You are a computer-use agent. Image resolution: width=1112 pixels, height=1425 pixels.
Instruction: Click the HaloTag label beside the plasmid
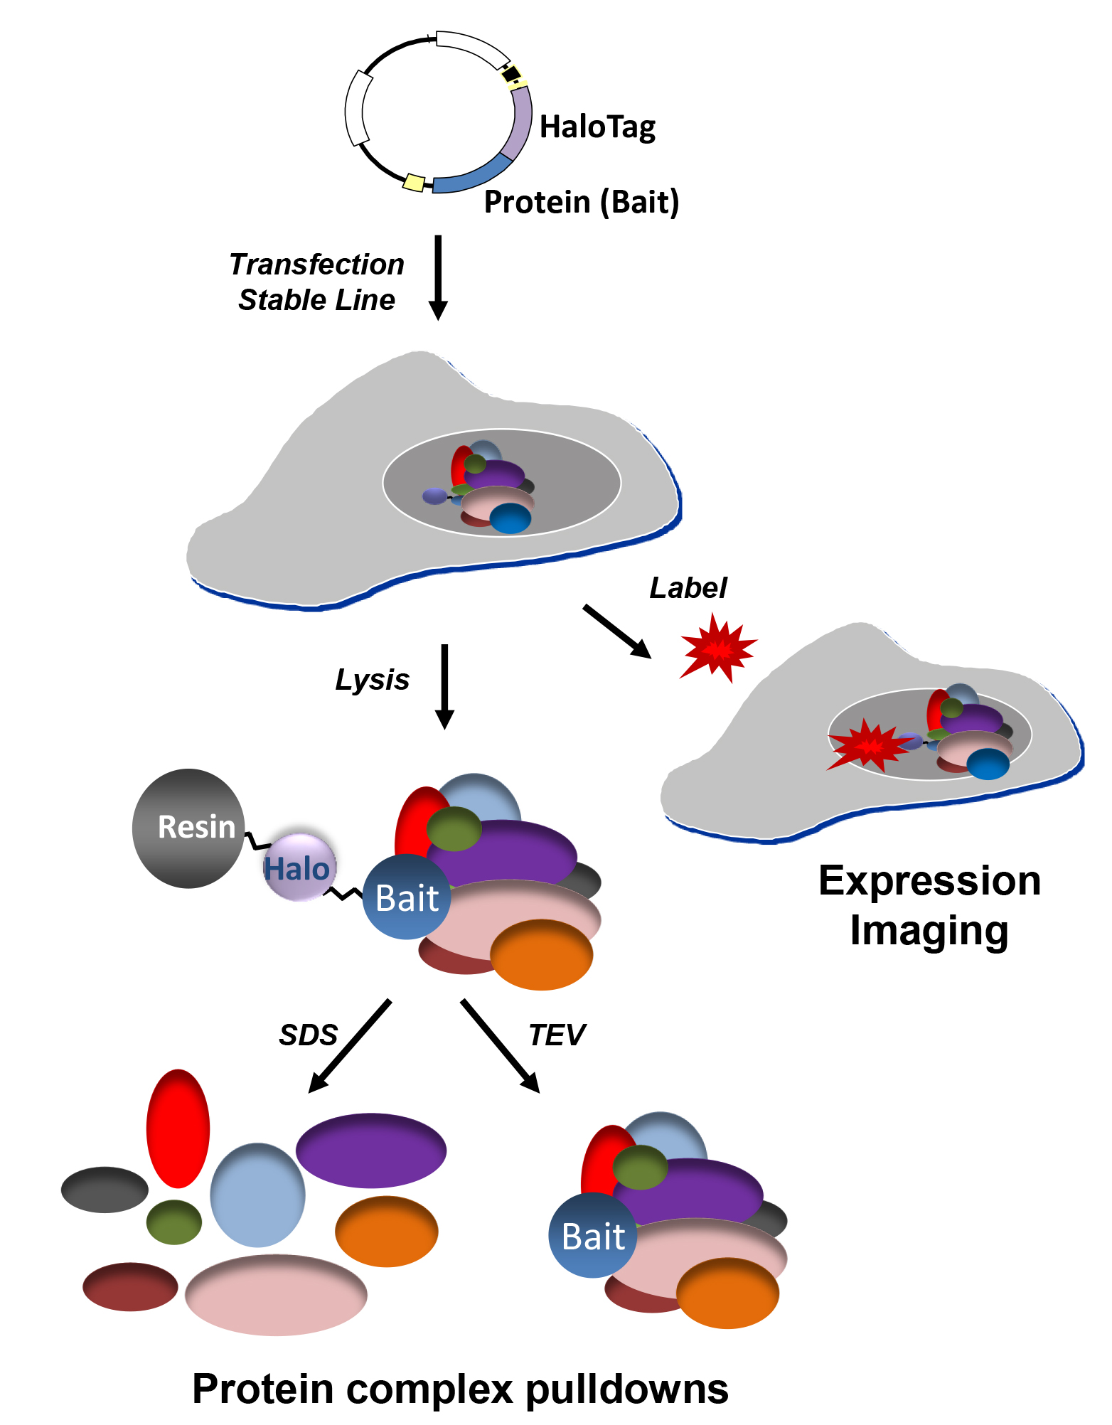pos(597,128)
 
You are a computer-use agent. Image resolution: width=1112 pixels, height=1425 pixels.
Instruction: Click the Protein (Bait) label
pos(582,203)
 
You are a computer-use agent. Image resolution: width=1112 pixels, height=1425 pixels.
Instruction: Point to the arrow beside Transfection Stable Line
pos(438,277)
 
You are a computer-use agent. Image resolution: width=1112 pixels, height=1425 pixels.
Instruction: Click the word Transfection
pos(316,265)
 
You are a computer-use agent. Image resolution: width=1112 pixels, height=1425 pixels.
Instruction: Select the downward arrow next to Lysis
pos(444,686)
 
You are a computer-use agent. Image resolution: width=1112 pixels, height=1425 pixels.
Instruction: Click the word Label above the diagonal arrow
pos(688,588)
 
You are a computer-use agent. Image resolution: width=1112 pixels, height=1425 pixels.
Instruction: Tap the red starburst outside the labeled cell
pos(718,649)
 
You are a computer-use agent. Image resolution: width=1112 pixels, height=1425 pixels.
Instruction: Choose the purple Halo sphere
pos(299,868)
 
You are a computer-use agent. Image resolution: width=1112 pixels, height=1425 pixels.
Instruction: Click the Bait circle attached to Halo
pos(407,897)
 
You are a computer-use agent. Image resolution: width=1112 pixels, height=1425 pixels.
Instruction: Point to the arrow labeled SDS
pos(351,1045)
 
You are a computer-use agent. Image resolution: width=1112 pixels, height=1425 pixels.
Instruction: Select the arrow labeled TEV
pos(501,1045)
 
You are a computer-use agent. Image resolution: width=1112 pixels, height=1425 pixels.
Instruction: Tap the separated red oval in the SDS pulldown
pos(178,1128)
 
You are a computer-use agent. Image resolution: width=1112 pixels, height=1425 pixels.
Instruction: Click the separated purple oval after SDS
pos(371,1150)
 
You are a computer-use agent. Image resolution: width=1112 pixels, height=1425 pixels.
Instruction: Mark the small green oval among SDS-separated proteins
pos(174,1222)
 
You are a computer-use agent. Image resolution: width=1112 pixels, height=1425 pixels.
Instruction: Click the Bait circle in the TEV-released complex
pos(593,1236)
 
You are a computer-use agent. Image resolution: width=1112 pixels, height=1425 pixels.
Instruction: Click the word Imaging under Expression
pos(929,932)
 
